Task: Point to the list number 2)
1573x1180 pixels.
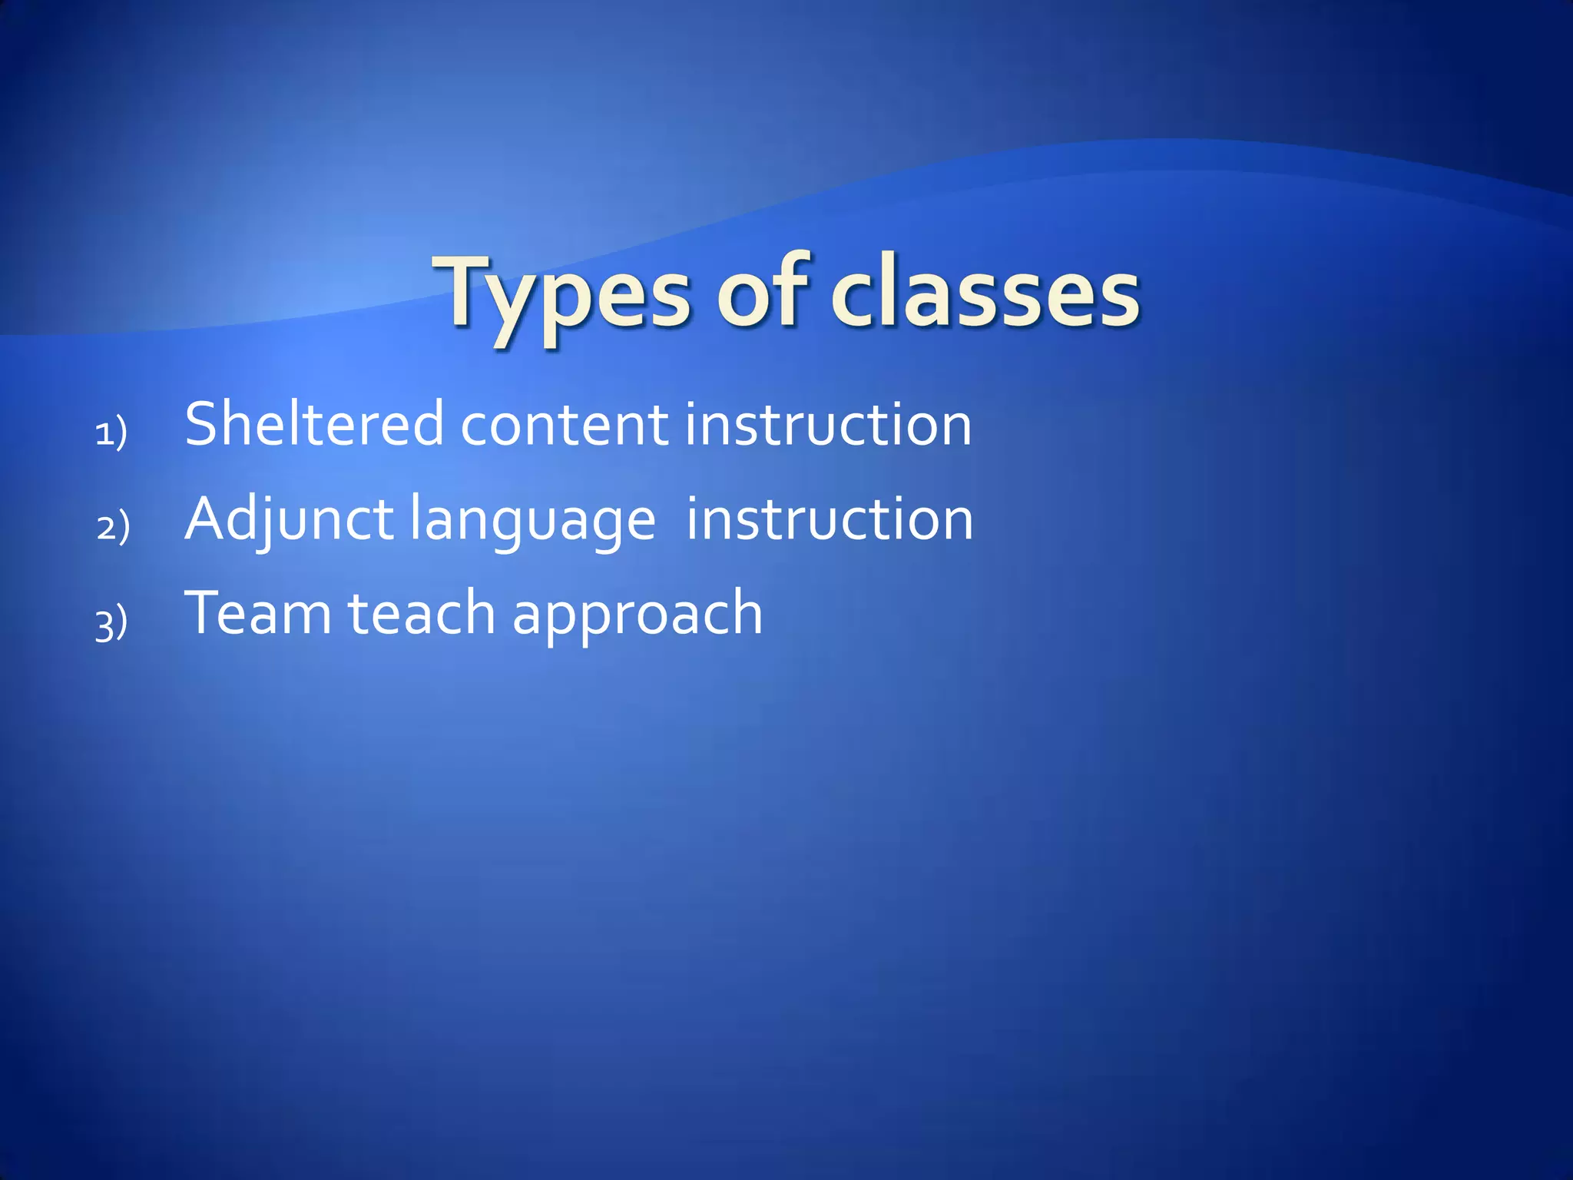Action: point(113,528)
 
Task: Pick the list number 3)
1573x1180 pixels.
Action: point(111,623)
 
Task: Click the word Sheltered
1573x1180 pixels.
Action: point(314,424)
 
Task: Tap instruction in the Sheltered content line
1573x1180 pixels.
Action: point(828,426)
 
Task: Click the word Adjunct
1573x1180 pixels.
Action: point(290,520)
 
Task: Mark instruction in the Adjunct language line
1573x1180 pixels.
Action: point(830,520)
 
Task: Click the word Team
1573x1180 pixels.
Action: point(258,613)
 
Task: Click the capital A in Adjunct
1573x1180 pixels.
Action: point(205,520)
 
